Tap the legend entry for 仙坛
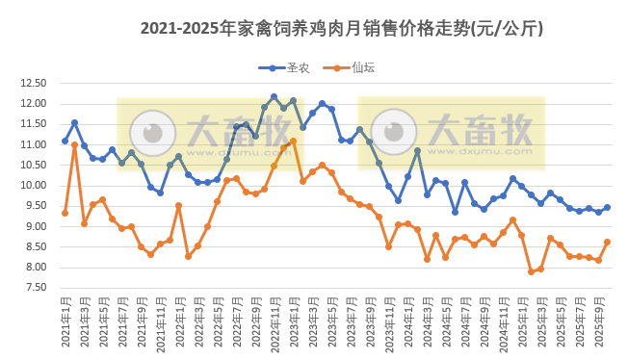(353, 67)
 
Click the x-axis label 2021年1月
(65, 322)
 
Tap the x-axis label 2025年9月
(598, 322)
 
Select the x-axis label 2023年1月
(293, 322)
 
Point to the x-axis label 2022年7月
(236, 322)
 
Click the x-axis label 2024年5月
(446, 322)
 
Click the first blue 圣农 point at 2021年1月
(65, 141)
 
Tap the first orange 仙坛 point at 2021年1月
(65, 213)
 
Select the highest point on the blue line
(274, 97)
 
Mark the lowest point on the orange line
(531, 271)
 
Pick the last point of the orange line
(607, 242)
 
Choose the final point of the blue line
(607, 207)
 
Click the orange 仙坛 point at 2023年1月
(293, 141)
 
